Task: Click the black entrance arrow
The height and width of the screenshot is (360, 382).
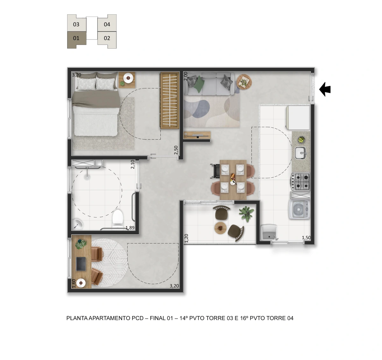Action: (325, 89)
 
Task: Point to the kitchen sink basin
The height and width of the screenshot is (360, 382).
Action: (301, 153)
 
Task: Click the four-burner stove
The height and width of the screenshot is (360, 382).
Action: (301, 182)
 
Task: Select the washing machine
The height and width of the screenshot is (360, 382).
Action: (300, 209)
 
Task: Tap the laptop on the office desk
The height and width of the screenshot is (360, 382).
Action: (81, 264)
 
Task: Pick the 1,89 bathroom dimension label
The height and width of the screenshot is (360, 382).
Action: (130, 228)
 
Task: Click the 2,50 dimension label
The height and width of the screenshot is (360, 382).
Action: (176, 150)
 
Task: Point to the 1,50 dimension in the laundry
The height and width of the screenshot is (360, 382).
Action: (306, 238)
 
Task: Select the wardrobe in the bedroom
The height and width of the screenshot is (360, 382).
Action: (170, 100)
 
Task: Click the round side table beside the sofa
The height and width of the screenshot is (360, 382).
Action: (244, 82)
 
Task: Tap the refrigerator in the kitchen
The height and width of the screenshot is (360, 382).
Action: (298, 118)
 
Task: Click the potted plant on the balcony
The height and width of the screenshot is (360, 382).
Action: (247, 214)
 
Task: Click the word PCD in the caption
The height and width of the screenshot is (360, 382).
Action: (138, 318)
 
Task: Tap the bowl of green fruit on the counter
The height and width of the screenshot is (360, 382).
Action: (301, 140)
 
